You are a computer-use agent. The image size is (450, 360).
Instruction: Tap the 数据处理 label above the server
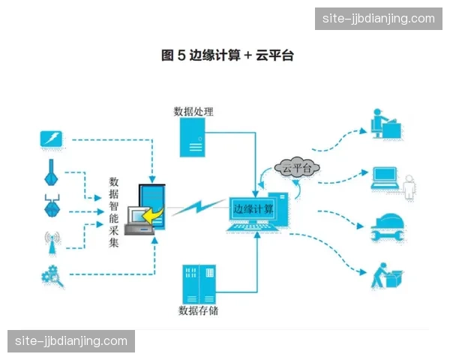pos(193,112)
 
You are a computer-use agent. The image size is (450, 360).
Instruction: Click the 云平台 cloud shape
pos(297,169)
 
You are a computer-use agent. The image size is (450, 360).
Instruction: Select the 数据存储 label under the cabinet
pos(198,310)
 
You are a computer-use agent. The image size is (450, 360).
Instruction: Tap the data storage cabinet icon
pos(199,283)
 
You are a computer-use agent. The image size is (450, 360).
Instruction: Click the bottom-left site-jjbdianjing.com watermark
pos(72,341)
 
